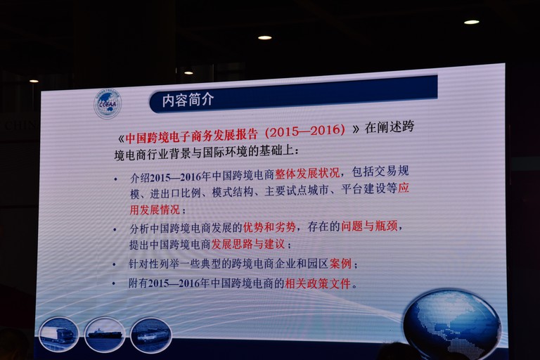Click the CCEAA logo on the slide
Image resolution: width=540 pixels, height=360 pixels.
[x=108, y=103]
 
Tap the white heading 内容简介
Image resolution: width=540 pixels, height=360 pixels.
[x=188, y=100]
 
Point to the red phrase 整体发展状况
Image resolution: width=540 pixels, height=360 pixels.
[x=307, y=173]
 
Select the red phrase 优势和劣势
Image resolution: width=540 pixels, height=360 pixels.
[x=269, y=227]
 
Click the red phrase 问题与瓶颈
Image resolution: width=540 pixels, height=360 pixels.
[x=369, y=226]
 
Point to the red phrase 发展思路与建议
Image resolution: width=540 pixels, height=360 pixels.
[x=248, y=244]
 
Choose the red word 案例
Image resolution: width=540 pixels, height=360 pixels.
[x=340, y=264]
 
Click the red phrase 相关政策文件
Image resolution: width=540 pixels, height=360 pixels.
[x=318, y=283]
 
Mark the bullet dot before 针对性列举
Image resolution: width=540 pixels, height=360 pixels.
[x=115, y=265]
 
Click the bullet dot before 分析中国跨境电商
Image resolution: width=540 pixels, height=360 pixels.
[x=115, y=229]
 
